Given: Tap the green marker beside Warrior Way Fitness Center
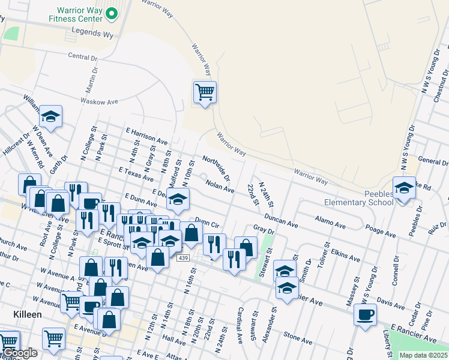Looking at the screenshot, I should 111,13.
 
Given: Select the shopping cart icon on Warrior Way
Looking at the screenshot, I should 205,92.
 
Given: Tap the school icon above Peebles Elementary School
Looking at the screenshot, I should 405,188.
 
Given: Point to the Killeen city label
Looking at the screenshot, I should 27,314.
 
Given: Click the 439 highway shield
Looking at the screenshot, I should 184,257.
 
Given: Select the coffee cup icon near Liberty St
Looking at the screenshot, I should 365,314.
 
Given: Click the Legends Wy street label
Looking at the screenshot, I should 92,35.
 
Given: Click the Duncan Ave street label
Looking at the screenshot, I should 281,221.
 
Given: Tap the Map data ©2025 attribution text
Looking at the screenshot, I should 423,355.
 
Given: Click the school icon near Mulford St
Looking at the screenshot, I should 178,200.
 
